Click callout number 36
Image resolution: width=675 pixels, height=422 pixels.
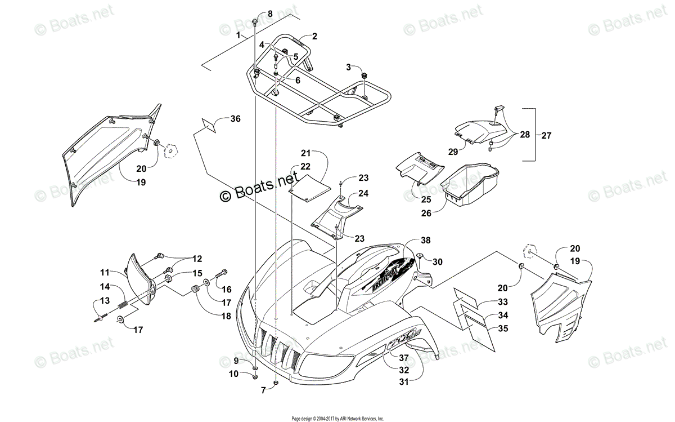(235, 119)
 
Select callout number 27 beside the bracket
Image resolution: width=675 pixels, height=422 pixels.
(546, 135)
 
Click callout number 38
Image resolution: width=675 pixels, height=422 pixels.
(426, 240)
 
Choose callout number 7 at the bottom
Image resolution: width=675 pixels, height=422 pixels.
(263, 390)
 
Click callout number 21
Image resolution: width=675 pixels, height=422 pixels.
(305, 153)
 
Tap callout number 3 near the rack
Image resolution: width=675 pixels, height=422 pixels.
(348, 68)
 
